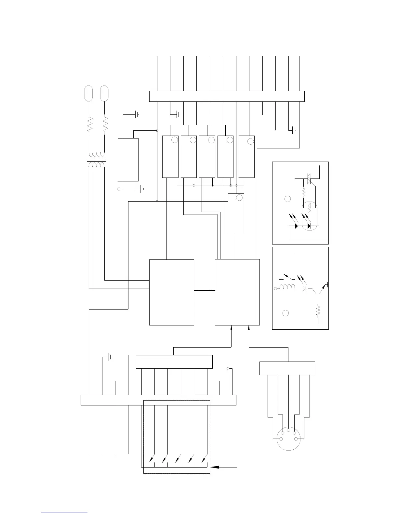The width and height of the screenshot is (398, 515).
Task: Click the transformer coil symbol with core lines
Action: coord(97,160)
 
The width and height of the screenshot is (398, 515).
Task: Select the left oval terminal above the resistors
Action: coord(88,93)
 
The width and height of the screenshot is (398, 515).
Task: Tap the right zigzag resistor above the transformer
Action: coord(105,124)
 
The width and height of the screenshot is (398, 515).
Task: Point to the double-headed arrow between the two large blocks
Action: coord(205,290)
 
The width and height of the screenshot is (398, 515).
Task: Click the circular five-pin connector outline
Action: coord(289,439)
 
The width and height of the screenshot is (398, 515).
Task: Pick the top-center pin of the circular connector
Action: coord(289,430)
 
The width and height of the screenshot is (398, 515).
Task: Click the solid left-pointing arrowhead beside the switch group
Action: coord(215,467)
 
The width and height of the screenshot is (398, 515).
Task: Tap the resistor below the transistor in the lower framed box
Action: coord(318,311)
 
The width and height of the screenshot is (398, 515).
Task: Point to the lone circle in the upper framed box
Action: coord(287,199)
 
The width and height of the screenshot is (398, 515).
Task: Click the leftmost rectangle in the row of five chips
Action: coord(170,157)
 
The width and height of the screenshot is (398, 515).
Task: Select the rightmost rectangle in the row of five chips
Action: coord(246,157)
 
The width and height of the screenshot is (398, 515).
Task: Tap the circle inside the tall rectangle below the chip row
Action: coord(239,197)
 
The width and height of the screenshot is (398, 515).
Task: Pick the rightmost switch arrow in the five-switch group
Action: coord(204,459)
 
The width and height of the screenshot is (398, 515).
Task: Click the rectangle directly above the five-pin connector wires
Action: coord(287,368)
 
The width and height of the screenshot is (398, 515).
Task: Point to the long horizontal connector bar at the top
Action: coord(227,96)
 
